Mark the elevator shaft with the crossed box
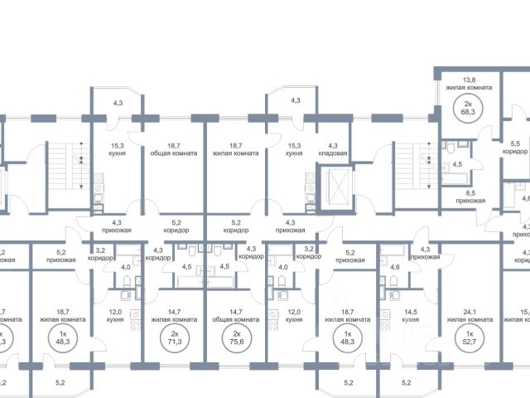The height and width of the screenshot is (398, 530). [x=337, y=185]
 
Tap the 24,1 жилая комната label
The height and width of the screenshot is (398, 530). [x=467, y=315]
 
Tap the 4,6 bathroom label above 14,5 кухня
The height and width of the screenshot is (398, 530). [x=394, y=267]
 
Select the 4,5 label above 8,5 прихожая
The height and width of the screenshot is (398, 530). [x=456, y=164]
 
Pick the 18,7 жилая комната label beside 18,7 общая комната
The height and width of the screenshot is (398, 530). [x=235, y=148]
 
